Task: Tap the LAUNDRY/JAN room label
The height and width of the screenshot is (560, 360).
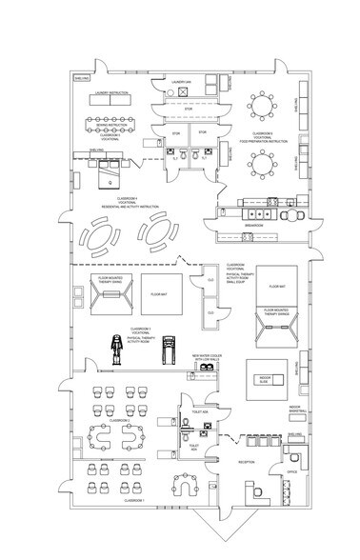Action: tap(183, 83)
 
